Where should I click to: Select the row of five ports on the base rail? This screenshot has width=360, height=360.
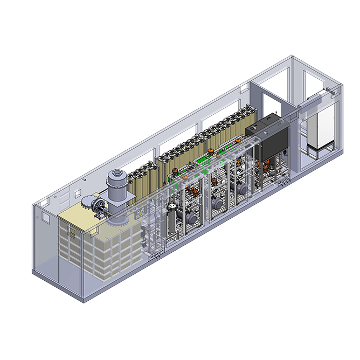coord(156,255)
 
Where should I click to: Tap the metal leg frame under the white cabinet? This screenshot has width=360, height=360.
coord(318,153)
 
